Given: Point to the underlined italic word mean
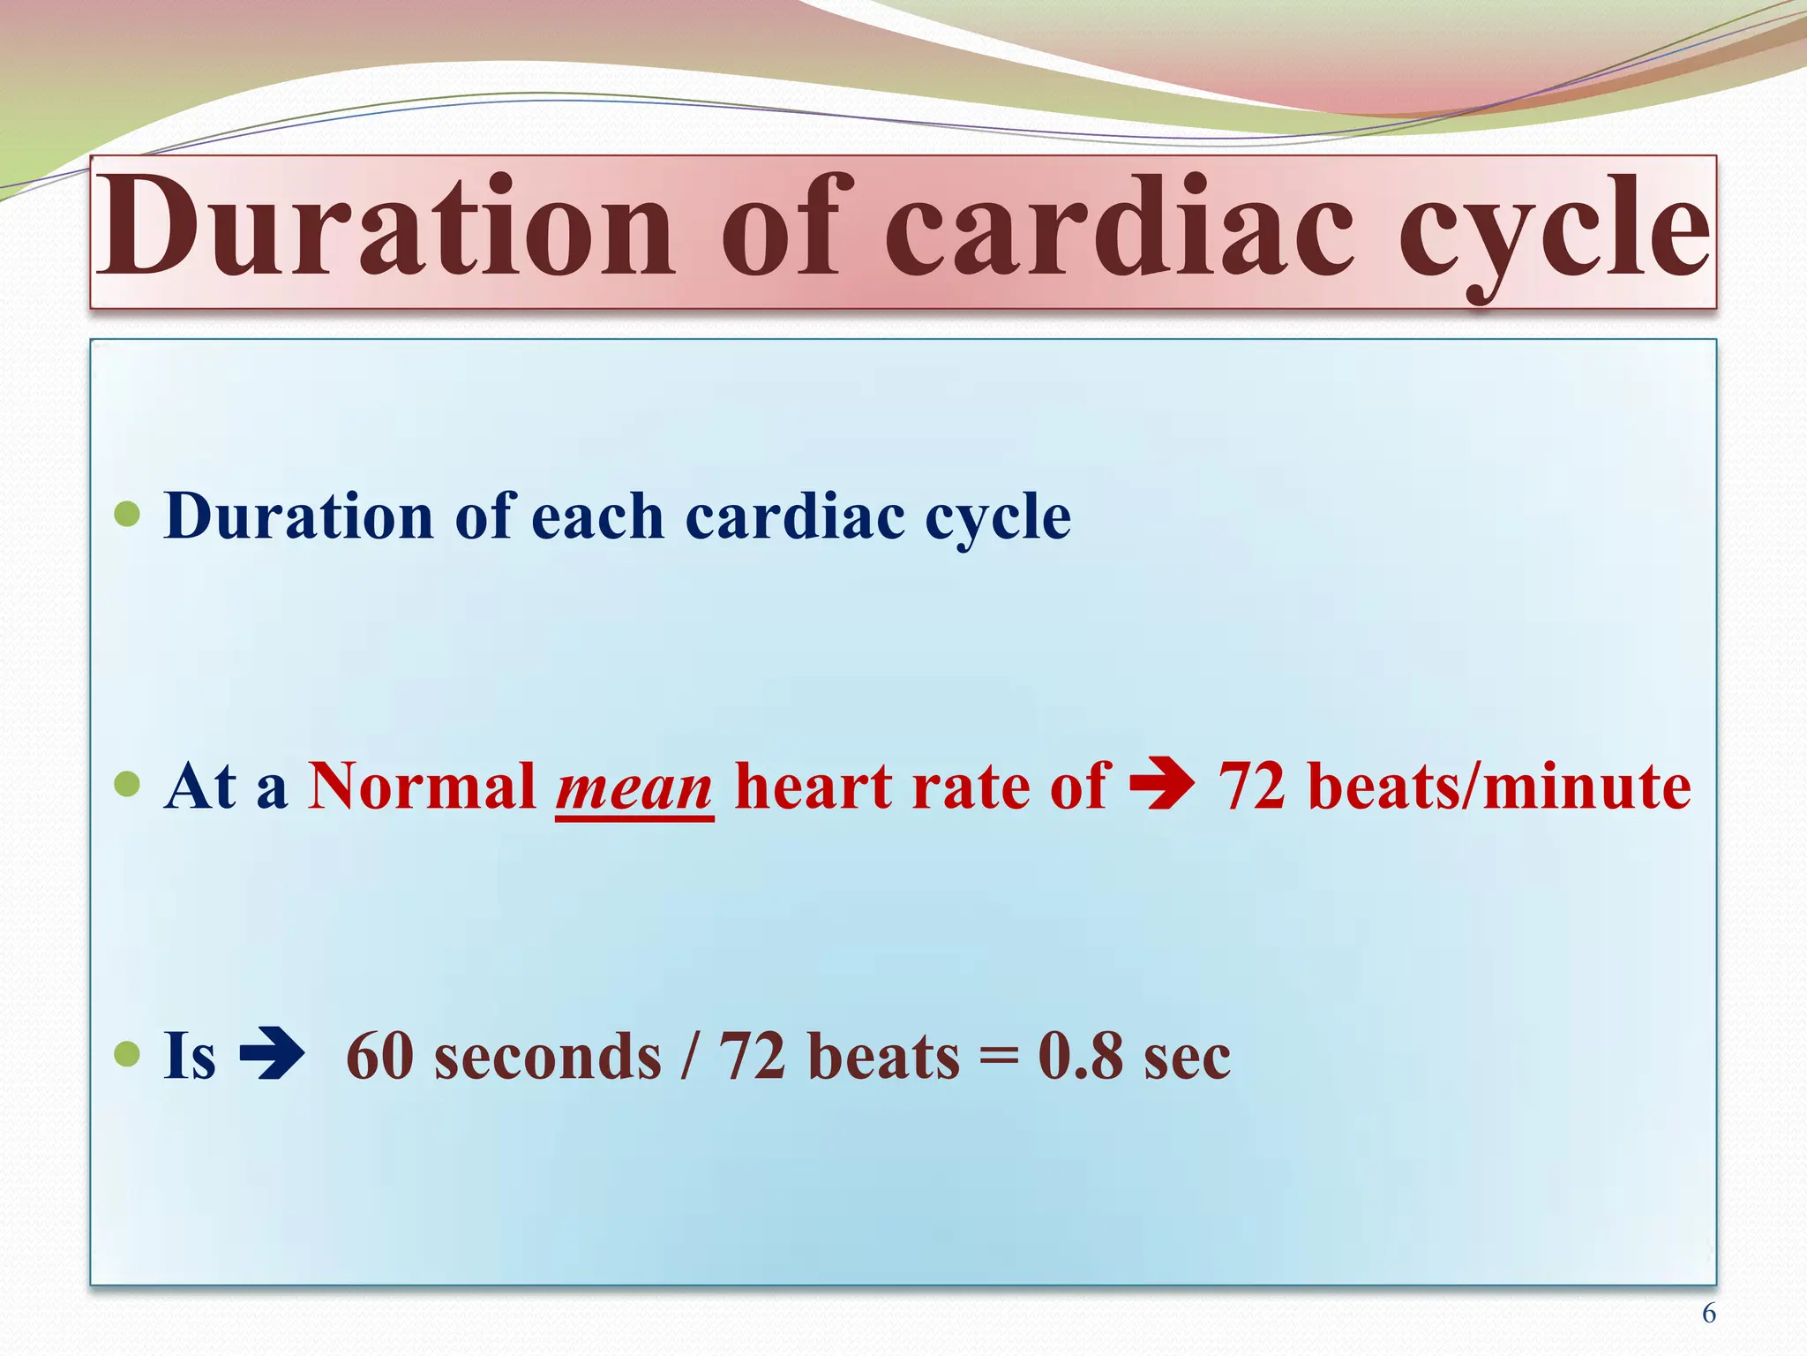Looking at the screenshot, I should click(634, 787).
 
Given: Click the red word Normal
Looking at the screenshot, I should click(422, 786).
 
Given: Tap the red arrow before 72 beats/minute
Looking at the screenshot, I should click(1162, 783).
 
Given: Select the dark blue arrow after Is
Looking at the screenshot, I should click(272, 1054).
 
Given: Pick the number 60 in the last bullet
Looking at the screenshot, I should click(379, 1056).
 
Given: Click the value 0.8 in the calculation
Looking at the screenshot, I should click(1080, 1056).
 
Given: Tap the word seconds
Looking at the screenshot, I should click(547, 1058).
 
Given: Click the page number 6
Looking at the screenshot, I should click(1708, 1314).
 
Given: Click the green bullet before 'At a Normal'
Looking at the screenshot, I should click(128, 783).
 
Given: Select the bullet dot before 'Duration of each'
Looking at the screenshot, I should click(128, 514).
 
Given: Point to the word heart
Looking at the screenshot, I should click(812, 786).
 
